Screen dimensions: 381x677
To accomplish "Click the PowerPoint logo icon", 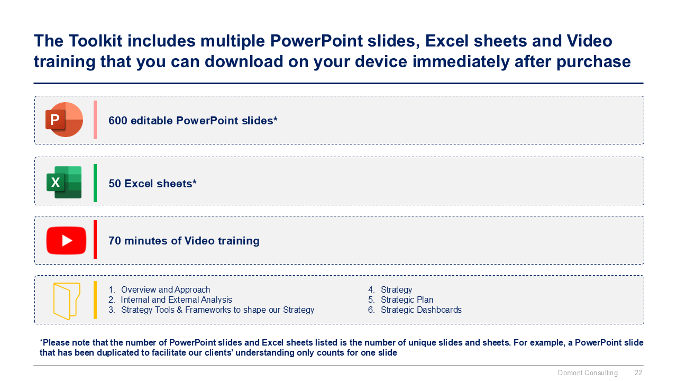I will pos(64,120).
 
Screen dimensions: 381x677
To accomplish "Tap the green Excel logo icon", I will pos(64,183).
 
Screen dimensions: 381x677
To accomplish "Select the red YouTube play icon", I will pos(66,240).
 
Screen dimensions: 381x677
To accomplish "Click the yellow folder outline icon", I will pos(67,301).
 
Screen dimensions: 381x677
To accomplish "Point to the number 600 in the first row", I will pos(117,121).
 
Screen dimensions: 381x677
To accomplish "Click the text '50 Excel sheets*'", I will pos(152,184).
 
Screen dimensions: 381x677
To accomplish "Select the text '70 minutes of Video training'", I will pos(184,241).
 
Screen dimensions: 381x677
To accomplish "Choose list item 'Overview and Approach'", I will pos(165,290).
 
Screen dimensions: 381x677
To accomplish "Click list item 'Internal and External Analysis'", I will pos(176,300).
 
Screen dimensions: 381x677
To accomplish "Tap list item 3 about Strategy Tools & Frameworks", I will pos(217,310).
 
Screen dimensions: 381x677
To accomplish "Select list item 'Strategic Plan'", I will pos(407,300).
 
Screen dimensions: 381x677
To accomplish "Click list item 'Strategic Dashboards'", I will pos(421,310).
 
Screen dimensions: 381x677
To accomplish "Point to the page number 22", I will pos(638,373).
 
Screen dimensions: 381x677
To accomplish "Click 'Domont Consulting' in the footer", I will pos(588,373).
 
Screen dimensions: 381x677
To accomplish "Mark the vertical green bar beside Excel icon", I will pos(95,183).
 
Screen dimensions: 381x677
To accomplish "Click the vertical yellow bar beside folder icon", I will pos(95,300).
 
